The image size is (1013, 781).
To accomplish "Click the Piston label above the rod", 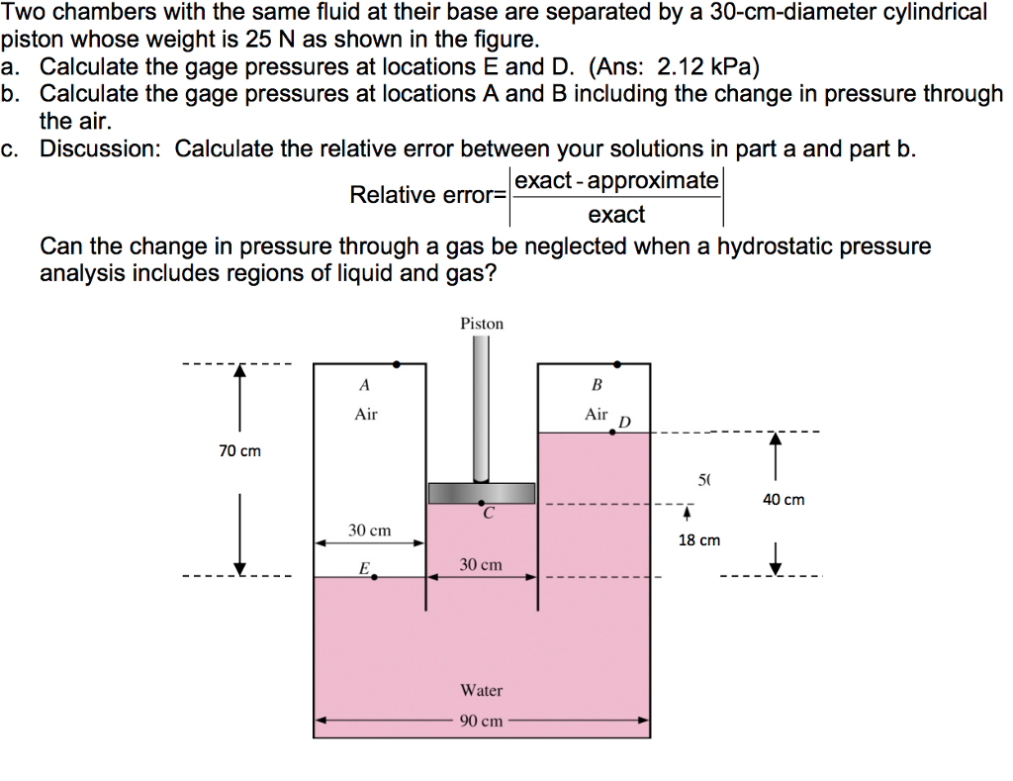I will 482,324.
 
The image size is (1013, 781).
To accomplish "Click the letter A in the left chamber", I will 365,384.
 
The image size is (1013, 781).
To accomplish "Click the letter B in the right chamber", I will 597,384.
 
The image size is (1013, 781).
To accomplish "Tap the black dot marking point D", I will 612,433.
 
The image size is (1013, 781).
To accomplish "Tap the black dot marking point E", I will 374,577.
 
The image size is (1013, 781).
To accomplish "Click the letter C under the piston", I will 488,514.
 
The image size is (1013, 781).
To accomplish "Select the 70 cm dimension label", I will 240,451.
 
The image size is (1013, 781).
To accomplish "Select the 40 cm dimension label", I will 783,500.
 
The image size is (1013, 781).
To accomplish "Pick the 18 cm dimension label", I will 698,540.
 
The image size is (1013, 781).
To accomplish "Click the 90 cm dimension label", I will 482,721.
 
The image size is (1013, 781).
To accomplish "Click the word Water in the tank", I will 482,690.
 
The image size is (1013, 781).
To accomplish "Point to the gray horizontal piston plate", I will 482,493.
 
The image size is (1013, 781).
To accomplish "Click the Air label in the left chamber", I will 366,414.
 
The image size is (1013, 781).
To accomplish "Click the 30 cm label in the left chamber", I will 369,531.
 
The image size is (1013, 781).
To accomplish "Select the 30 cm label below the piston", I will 481,564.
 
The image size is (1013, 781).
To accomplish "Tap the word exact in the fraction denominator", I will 615,215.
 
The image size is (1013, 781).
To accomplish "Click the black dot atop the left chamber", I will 397,364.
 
